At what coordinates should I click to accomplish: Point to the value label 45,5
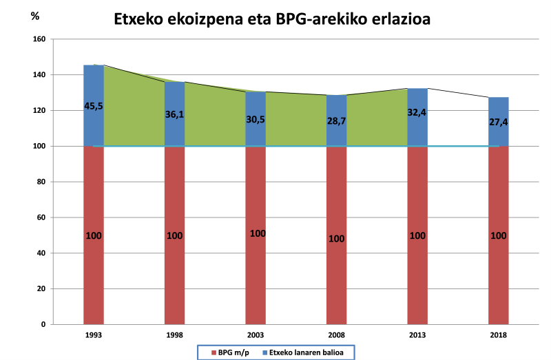[93, 105]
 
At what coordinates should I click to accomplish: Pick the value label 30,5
[256, 118]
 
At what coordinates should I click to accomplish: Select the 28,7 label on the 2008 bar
[337, 121]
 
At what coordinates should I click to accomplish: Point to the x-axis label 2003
[256, 335]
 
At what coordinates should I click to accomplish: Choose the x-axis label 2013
[417, 335]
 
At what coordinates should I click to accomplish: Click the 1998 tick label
[174, 335]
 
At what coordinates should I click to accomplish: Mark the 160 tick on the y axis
[39, 39]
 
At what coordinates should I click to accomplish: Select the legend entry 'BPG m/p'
[232, 352]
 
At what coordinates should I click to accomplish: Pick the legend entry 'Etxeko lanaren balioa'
[308, 352]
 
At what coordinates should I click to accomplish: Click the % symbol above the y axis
[35, 15]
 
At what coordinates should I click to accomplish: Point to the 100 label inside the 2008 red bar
[337, 239]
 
